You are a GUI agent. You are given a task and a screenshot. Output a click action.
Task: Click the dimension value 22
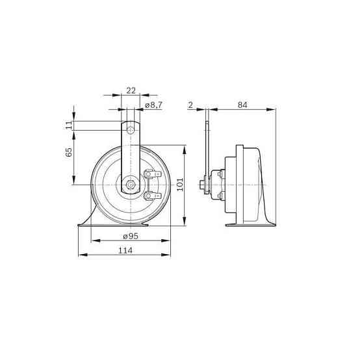click(x=131, y=91)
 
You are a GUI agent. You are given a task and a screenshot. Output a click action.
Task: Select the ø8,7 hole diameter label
click(x=153, y=105)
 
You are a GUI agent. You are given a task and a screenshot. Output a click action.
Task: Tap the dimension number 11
click(x=70, y=125)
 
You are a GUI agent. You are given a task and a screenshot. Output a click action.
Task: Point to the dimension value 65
click(x=70, y=154)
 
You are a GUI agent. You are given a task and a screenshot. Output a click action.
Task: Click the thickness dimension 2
click(x=190, y=105)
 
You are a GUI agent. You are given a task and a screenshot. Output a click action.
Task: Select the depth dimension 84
click(x=242, y=105)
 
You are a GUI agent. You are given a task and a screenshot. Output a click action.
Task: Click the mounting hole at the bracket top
click(x=131, y=130)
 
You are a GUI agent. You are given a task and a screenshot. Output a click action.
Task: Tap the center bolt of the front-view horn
click(x=131, y=185)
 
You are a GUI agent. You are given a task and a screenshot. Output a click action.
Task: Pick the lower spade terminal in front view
click(x=151, y=195)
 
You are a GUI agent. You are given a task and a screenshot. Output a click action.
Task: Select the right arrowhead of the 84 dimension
click(x=274, y=110)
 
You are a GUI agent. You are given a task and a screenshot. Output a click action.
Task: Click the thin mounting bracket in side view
click(x=207, y=149)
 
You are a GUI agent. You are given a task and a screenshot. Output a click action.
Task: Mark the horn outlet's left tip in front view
click(x=79, y=225)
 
